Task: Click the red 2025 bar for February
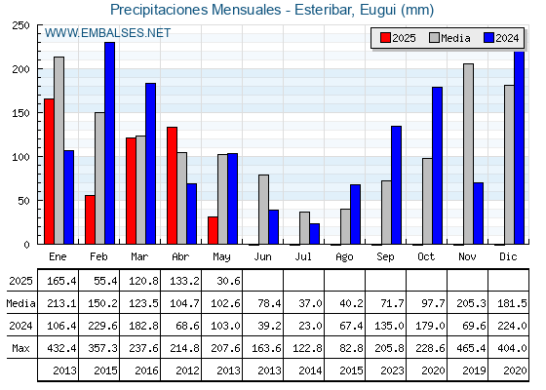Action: [90, 219]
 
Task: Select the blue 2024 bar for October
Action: [437, 166]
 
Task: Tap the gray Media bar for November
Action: [468, 154]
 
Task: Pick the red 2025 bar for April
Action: [172, 185]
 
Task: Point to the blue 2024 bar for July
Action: [314, 234]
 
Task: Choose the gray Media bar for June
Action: [263, 210]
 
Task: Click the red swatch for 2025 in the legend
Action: [385, 38]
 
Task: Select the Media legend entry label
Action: [455, 38]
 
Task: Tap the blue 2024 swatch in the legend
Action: [488, 38]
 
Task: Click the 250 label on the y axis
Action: [20, 25]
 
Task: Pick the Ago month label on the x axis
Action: [344, 257]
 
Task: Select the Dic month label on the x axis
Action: [508, 256]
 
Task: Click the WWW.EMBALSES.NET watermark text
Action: [107, 33]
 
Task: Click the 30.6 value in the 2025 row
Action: [228, 281]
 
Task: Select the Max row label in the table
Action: [20, 348]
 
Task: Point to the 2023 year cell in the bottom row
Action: [392, 370]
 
